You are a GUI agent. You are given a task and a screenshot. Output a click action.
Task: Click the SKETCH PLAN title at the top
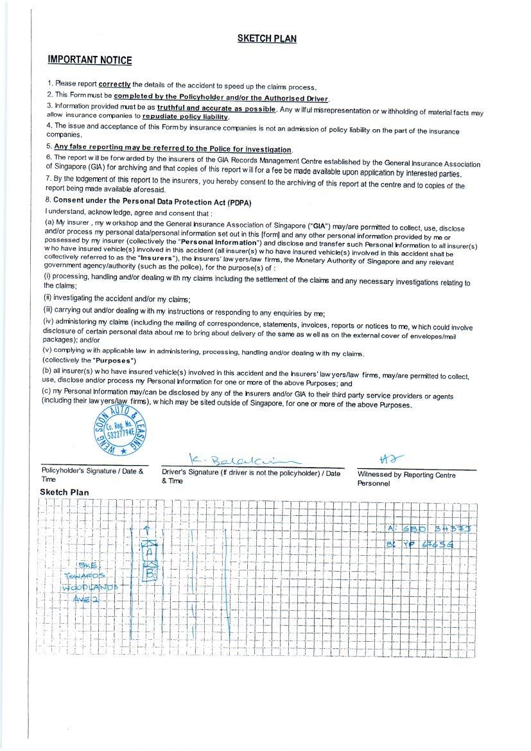266,39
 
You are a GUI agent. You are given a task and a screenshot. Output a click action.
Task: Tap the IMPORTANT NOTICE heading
90,60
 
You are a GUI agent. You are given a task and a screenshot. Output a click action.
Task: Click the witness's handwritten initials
392,459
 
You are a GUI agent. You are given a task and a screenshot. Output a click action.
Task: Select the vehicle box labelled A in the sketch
150,551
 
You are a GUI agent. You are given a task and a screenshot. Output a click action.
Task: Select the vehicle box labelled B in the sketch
150,571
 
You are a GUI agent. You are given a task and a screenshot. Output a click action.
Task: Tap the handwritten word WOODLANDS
90,588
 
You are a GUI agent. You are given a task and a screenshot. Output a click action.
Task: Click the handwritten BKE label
87,565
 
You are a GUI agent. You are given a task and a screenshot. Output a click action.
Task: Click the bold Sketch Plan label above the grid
64,493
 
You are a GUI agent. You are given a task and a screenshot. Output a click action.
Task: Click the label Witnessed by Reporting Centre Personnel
406,479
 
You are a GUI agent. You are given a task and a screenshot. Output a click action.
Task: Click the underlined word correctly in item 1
114,84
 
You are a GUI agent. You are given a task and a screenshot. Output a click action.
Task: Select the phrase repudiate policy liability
186,117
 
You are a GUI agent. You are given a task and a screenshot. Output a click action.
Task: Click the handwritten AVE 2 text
86,599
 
